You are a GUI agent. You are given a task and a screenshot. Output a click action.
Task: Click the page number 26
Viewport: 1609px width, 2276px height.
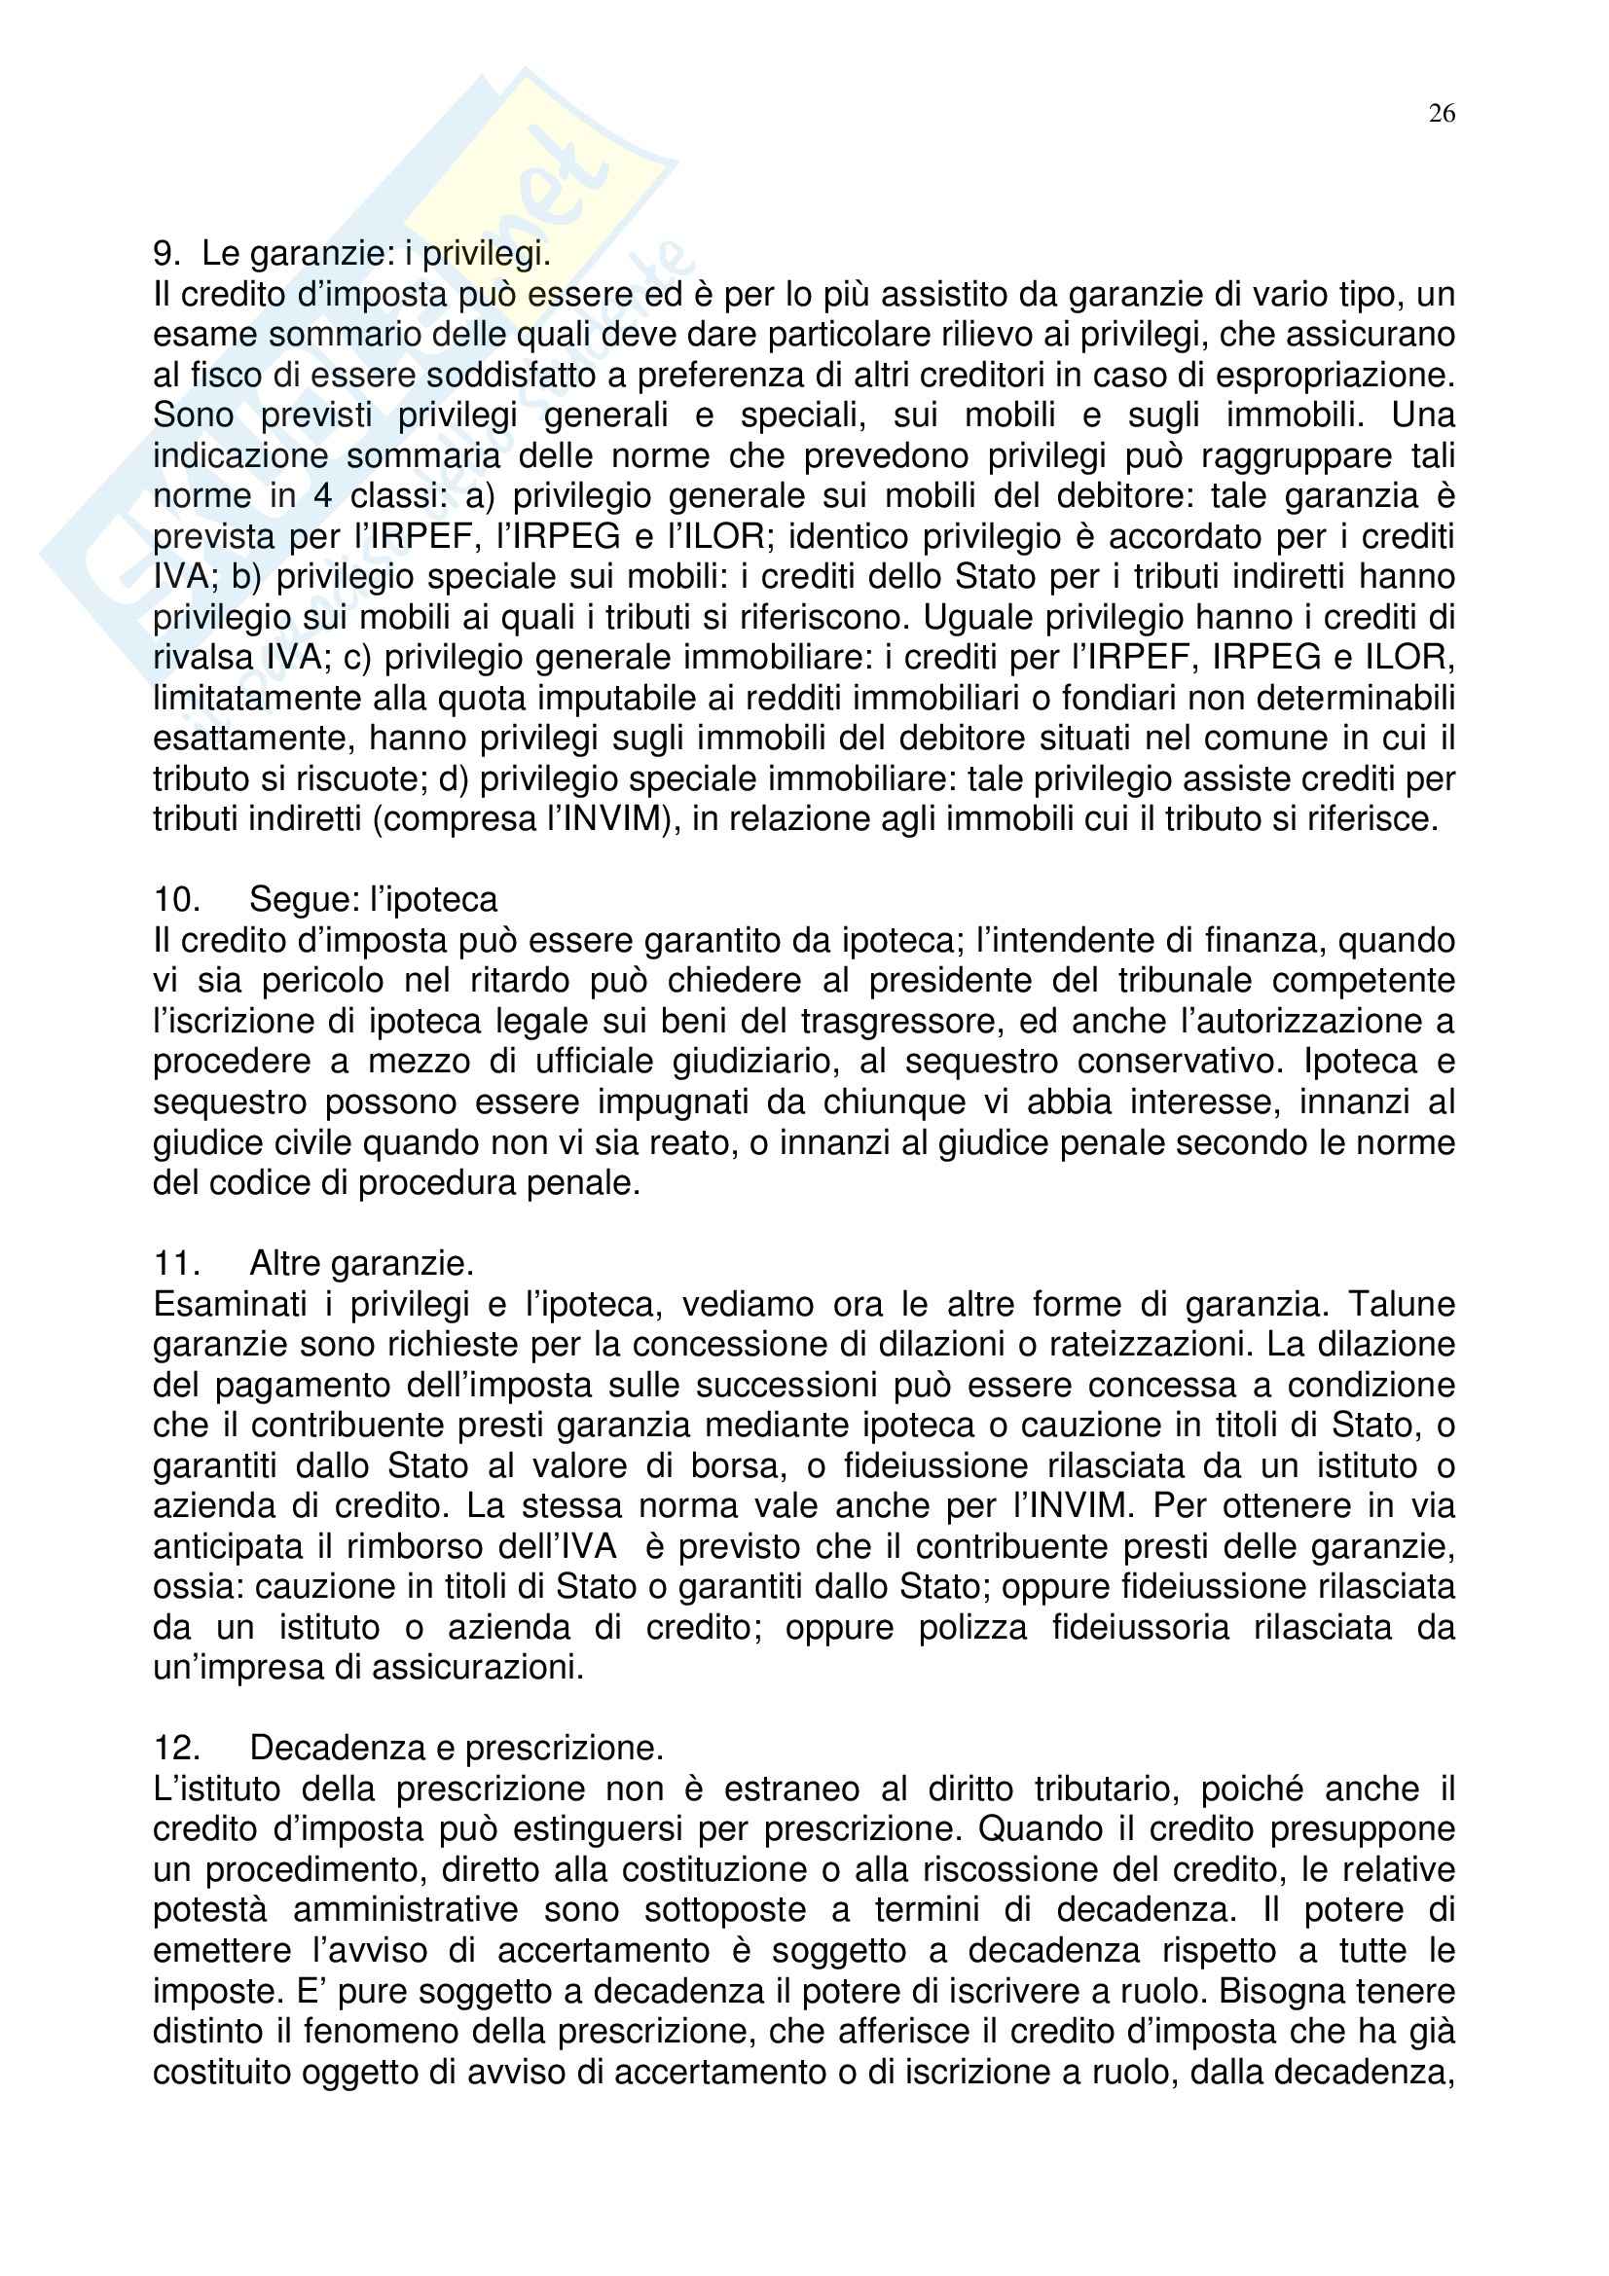coord(1442,114)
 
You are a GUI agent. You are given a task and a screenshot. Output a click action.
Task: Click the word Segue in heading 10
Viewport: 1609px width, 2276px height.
coord(289,900)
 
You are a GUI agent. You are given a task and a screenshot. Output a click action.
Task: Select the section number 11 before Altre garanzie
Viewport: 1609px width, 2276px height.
coord(176,1264)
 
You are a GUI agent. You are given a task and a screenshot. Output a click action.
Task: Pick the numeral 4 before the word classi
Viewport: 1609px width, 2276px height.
coord(322,496)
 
